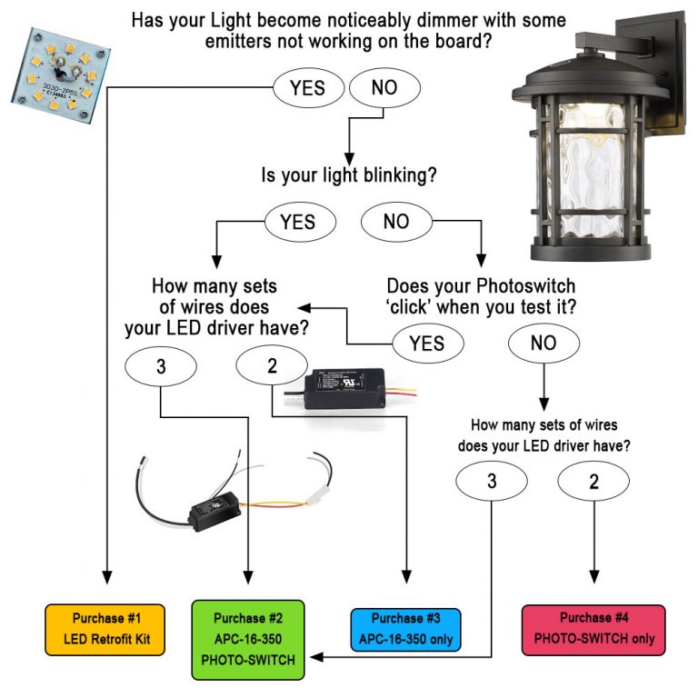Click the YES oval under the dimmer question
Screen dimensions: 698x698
click(x=309, y=89)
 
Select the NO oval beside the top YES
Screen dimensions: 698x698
click(x=384, y=89)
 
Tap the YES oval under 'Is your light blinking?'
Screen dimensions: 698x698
click(x=297, y=222)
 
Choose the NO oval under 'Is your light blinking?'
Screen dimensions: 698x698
click(x=396, y=222)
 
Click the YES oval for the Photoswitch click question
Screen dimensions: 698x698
click(x=427, y=343)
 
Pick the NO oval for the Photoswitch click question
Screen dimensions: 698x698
click(x=543, y=343)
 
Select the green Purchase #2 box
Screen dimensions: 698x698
click(x=247, y=640)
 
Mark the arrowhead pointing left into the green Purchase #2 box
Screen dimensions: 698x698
click(x=312, y=656)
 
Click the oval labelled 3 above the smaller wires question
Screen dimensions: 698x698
click(x=492, y=482)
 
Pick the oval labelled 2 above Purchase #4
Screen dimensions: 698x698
click(x=594, y=482)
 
